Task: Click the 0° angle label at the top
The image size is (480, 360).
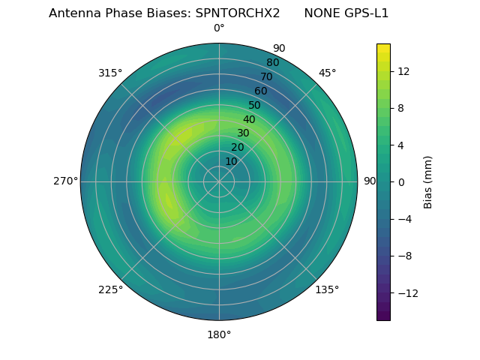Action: (219, 28)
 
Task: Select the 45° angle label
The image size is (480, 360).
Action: (327, 73)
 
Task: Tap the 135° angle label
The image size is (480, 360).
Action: (327, 290)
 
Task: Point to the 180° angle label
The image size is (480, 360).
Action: (219, 334)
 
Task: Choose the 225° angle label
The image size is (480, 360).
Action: (110, 290)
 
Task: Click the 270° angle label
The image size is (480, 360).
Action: (65, 181)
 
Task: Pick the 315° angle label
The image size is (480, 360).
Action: (110, 73)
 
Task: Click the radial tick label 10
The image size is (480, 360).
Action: (231, 161)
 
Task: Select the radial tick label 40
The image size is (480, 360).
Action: (249, 119)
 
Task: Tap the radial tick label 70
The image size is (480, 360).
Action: (266, 76)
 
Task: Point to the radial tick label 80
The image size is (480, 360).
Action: (272, 62)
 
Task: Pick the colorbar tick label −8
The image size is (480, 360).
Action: (402, 256)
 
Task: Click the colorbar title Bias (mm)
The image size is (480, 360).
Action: (428, 181)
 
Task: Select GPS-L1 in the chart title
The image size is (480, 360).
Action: (367, 13)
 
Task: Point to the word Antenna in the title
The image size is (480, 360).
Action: (73, 13)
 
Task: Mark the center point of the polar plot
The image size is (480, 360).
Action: (219, 181)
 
